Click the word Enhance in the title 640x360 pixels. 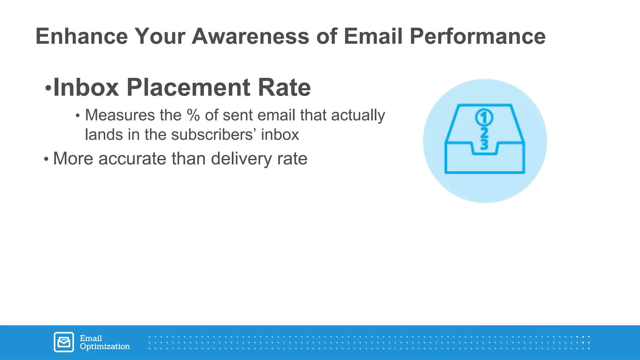tap(82, 36)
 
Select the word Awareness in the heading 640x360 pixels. tap(250, 36)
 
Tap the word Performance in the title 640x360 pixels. tap(477, 36)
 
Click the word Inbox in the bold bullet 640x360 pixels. tap(86, 87)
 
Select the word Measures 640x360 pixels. tap(120, 115)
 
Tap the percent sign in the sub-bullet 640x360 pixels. tap(193, 115)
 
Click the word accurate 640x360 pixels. tap(133, 159)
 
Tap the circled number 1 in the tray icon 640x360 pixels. tap(484, 118)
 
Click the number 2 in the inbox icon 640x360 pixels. tap(484, 133)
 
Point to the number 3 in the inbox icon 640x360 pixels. tap(484, 144)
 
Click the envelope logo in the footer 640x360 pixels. tap(64, 342)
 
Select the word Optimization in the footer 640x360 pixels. tap(105, 347)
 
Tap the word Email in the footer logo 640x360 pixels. tap(91, 338)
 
